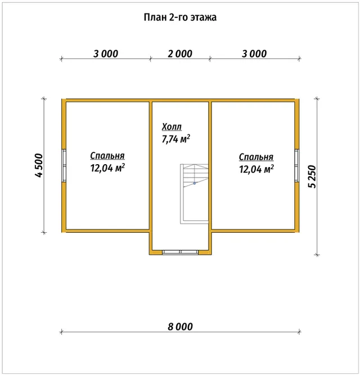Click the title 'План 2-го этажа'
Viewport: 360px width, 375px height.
click(x=180, y=17)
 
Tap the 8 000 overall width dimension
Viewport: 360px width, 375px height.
click(x=180, y=327)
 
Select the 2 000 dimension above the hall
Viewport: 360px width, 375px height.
click(x=180, y=54)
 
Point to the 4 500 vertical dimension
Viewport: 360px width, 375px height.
click(x=39, y=165)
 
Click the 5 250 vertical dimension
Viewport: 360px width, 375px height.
click(x=312, y=177)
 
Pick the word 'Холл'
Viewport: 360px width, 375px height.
click(x=172, y=126)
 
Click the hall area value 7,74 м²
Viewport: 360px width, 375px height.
click(x=176, y=139)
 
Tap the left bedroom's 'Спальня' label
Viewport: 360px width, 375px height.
click(x=107, y=156)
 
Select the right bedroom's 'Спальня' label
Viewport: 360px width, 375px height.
click(x=256, y=157)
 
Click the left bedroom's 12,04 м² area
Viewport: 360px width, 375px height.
click(x=107, y=168)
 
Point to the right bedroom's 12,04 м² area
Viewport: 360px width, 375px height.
click(x=256, y=169)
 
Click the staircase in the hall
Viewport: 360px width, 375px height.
click(x=194, y=194)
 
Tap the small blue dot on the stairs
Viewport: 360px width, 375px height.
click(x=195, y=183)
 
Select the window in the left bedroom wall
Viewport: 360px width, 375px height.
click(x=64, y=165)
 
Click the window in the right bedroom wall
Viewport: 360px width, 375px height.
click(x=296, y=165)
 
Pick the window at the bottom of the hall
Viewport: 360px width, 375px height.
click(x=181, y=252)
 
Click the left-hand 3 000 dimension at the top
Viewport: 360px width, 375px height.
click(x=106, y=54)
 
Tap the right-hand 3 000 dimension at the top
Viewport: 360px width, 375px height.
click(x=254, y=54)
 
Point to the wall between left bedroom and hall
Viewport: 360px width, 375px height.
click(x=151, y=177)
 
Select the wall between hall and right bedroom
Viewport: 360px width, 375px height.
click(x=210, y=177)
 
